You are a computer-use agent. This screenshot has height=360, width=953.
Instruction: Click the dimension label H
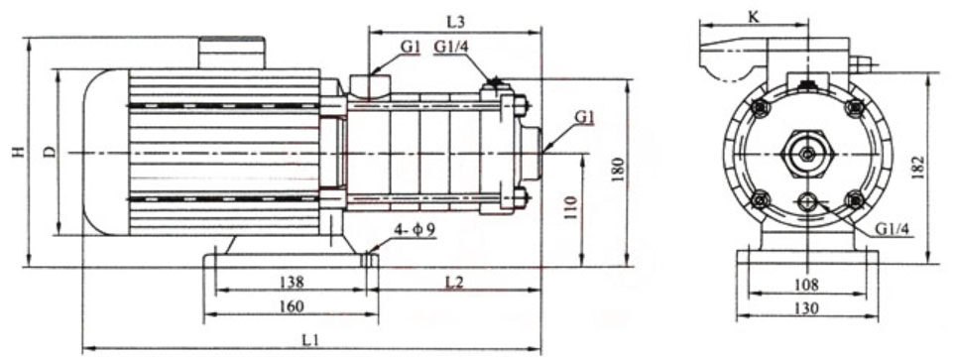(16, 153)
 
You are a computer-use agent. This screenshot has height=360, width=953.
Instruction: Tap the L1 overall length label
(309, 339)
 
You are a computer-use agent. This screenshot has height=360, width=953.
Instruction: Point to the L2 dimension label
(454, 283)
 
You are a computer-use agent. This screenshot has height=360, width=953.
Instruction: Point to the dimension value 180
(617, 166)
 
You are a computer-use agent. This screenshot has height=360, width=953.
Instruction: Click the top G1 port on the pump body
(375, 85)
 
